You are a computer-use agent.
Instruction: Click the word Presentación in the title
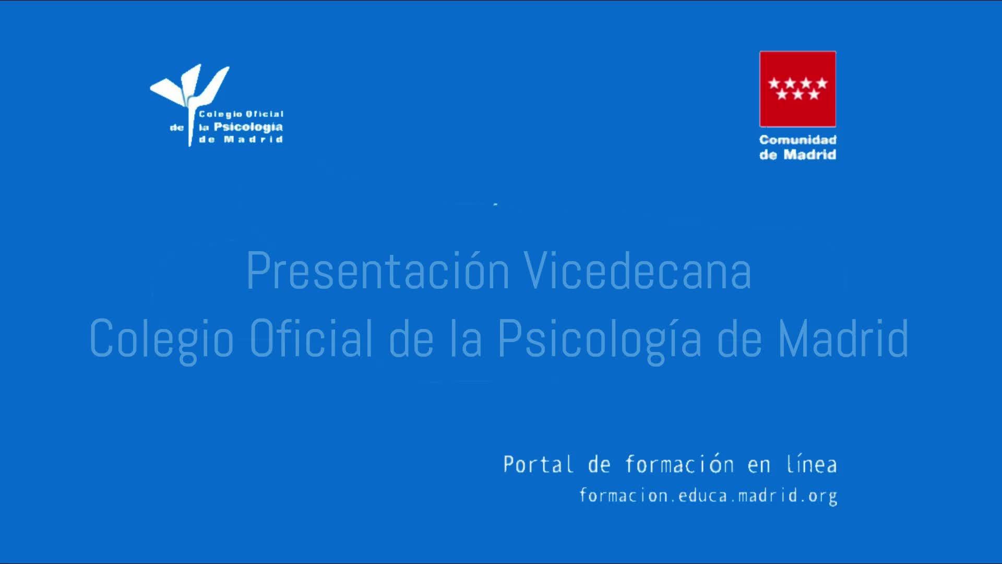(x=377, y=271)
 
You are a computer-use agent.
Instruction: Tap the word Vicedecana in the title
(x=638, y=271)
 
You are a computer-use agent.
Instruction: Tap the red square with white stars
(x=797, y=89)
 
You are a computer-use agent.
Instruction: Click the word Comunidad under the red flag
(x=798, y=140)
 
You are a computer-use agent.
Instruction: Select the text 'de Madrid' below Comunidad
(x=798, y=155)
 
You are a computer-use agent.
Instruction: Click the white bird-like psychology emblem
(x=189, y=99)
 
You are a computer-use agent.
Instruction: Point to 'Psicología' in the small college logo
(x=248, y=127)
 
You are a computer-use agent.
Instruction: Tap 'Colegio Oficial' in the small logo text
(x=241, y=114)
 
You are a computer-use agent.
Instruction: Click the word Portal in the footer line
(x=538, y=464)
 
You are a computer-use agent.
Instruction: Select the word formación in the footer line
(x=679, y=464)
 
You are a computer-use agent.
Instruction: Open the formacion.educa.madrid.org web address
(x=708, y=496)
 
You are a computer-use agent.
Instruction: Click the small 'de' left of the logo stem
(x=177, y=127)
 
